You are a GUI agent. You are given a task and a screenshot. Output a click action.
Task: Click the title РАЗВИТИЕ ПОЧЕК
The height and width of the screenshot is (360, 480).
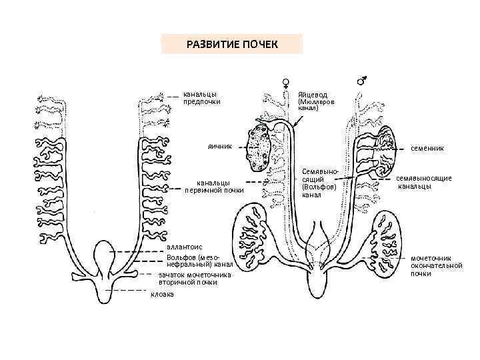pyautogui.click(x=232, y=45)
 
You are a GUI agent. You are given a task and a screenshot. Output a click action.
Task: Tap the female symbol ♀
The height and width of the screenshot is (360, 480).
pyautogui.click(x=285, y=80)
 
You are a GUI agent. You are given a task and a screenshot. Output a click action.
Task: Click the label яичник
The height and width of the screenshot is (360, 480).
pyautogui.click(x=219, y=146)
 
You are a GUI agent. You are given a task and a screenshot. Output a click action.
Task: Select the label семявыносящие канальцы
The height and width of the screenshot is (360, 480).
pyautogui.click(x=425, y=182)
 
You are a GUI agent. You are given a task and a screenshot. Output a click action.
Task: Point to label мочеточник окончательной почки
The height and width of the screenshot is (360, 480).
pyautogui.click(x=436, y=265)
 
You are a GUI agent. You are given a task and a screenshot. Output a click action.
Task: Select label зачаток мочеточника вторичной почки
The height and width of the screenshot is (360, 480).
pyautogui.click(x=194, y=277)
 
